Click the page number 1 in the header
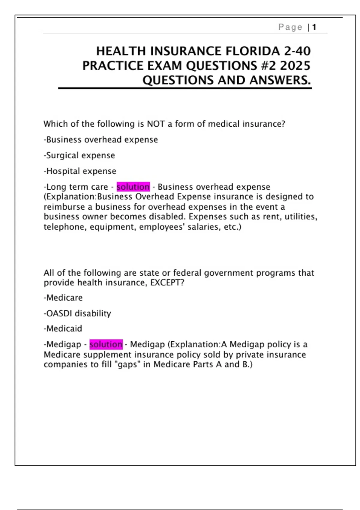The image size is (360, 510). click(x=314, y=27)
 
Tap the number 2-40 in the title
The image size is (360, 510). click(x=297, y=51)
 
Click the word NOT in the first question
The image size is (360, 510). click(x=156, y=124)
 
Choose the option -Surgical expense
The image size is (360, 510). click(x=79, y=155)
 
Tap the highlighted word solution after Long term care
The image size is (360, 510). click(x=133, y=187)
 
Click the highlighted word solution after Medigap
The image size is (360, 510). click(x=106, y=344)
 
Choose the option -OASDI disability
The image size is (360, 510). click(x=77, y=313)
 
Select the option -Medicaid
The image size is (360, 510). click(x=63, y=329)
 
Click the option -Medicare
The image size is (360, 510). click(x=63, y=298)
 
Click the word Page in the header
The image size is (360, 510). click(x=290, y=27)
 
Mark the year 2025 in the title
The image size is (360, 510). click(x=295, y=66)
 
